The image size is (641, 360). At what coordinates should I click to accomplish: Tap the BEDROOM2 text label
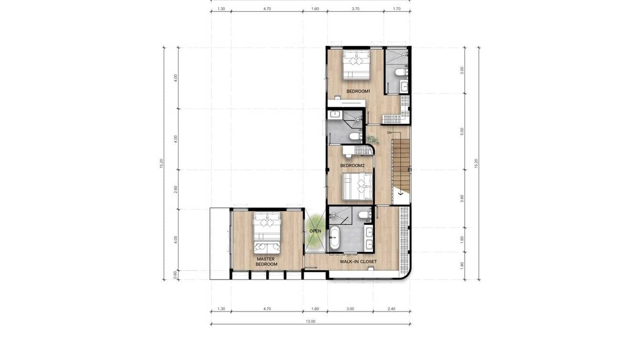pos(352,166)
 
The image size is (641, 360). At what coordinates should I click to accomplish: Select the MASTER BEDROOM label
pos(266,262)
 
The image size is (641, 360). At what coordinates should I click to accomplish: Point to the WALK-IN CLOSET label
pos(358,262)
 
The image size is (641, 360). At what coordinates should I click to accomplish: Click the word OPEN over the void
pos(315,231)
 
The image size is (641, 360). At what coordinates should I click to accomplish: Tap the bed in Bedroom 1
pos(356,65)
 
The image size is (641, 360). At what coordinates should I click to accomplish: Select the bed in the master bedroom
pos(267,232)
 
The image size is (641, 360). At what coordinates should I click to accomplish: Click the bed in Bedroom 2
pos(358,186)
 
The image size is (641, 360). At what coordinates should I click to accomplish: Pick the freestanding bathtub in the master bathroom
pos(335,238)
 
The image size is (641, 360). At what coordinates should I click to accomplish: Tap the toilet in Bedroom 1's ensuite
pos(401,72)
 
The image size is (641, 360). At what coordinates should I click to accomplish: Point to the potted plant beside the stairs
pos(372,139)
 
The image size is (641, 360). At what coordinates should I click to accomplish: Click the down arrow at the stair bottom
pos(401,194)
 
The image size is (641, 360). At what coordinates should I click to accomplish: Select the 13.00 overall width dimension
pos(310,321)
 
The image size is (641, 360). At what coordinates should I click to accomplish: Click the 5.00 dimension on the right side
pos(462,131)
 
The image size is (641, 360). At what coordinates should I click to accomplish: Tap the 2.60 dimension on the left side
pos(176,189)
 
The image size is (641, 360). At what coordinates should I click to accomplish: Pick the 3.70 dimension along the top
pos(355,9)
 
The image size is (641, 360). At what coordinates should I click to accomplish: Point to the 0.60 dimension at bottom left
pos(176,274)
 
